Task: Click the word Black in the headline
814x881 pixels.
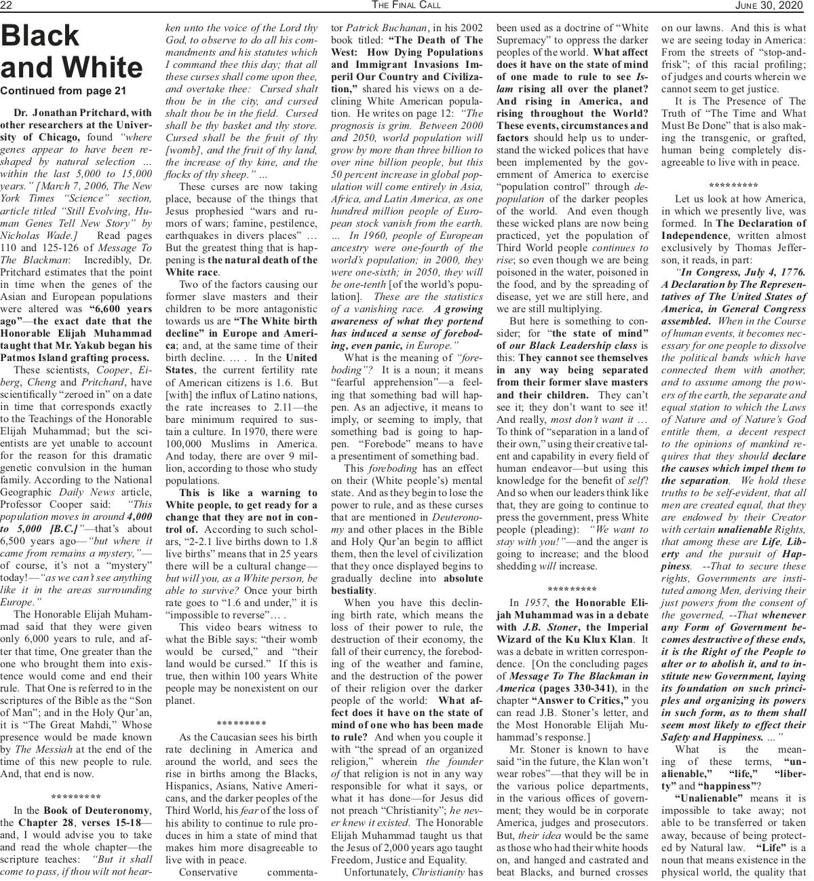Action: (x=41, y=37)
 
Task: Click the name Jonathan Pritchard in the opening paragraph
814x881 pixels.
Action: (x=76, y=113)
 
